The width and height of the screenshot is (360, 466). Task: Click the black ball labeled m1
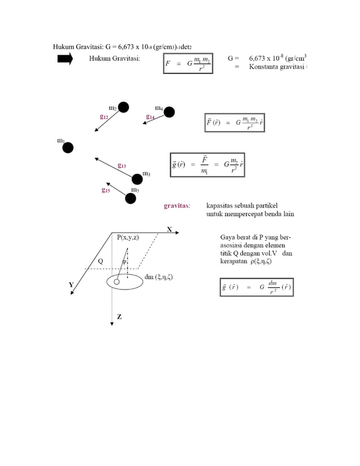[68, 148]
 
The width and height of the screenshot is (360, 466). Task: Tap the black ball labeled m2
[123, 107]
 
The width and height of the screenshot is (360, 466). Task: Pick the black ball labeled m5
[131, 198]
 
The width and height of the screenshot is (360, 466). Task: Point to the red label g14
[151, 117]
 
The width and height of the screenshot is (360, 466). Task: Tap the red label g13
[122, 166]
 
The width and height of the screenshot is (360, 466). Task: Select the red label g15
[106, 190]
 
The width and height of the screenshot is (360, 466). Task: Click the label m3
[146, 173]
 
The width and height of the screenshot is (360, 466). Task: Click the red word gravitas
[177, 206]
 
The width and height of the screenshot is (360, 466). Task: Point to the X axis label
[169, 229]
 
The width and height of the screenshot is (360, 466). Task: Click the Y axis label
[71, 285]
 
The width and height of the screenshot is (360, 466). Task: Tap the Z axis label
[119, 317]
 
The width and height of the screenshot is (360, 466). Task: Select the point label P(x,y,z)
[128, 238]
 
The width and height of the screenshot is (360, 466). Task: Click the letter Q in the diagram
[100, 261]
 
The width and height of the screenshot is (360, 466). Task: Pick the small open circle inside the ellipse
[117, 282]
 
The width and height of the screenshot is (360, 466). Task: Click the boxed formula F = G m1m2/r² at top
[188, 64]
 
